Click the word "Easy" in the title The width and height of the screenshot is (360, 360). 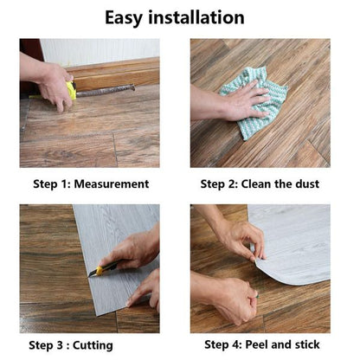point(124,18)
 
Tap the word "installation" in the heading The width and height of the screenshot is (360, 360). point(196,17)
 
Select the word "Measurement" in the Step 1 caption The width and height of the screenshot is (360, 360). point(112,184)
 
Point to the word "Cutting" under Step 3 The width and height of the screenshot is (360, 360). point(93,346)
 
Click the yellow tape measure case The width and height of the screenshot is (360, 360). point(71,90)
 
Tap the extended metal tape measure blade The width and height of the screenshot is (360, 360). point(106,90)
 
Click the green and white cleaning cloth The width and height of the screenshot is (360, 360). point(254,102)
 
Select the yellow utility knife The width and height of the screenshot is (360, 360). point(104,268)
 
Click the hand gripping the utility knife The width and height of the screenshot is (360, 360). point(132,249)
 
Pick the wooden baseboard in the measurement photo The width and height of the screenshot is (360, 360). point(115,73)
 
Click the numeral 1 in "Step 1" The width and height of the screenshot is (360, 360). point(64,184)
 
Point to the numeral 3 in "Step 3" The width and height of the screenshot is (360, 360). point(60,345)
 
